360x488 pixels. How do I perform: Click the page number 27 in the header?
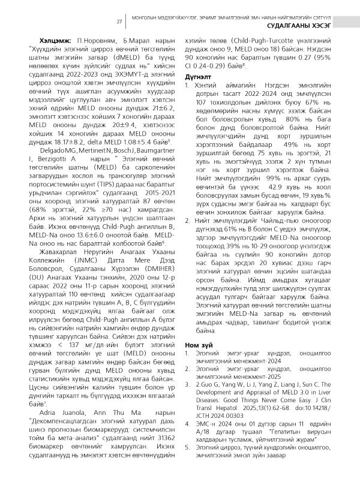point(119,21)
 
